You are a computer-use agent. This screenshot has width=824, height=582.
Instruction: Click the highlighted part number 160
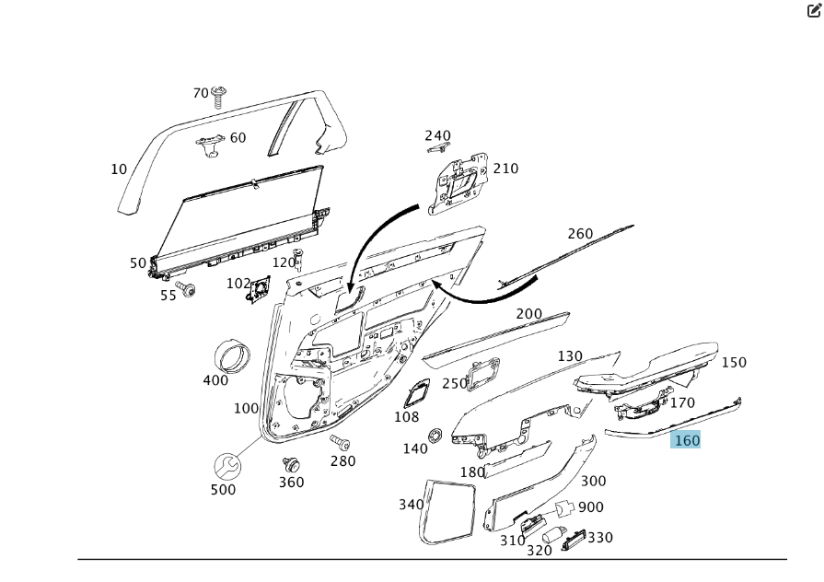687,440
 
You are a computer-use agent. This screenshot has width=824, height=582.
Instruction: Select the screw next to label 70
219,97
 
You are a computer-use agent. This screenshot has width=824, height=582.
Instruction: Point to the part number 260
580,234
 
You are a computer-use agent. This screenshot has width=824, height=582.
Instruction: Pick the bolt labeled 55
188,290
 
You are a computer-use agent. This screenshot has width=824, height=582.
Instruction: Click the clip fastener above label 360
291,465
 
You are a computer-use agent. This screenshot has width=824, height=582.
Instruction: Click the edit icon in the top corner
814,11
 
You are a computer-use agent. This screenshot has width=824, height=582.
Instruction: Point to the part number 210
505,169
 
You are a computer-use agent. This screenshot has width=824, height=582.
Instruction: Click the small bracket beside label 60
211,143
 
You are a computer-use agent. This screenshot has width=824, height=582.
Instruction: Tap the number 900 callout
590,507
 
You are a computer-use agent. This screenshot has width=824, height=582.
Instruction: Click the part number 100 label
246,409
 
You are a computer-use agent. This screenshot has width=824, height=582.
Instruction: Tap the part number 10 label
119,169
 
